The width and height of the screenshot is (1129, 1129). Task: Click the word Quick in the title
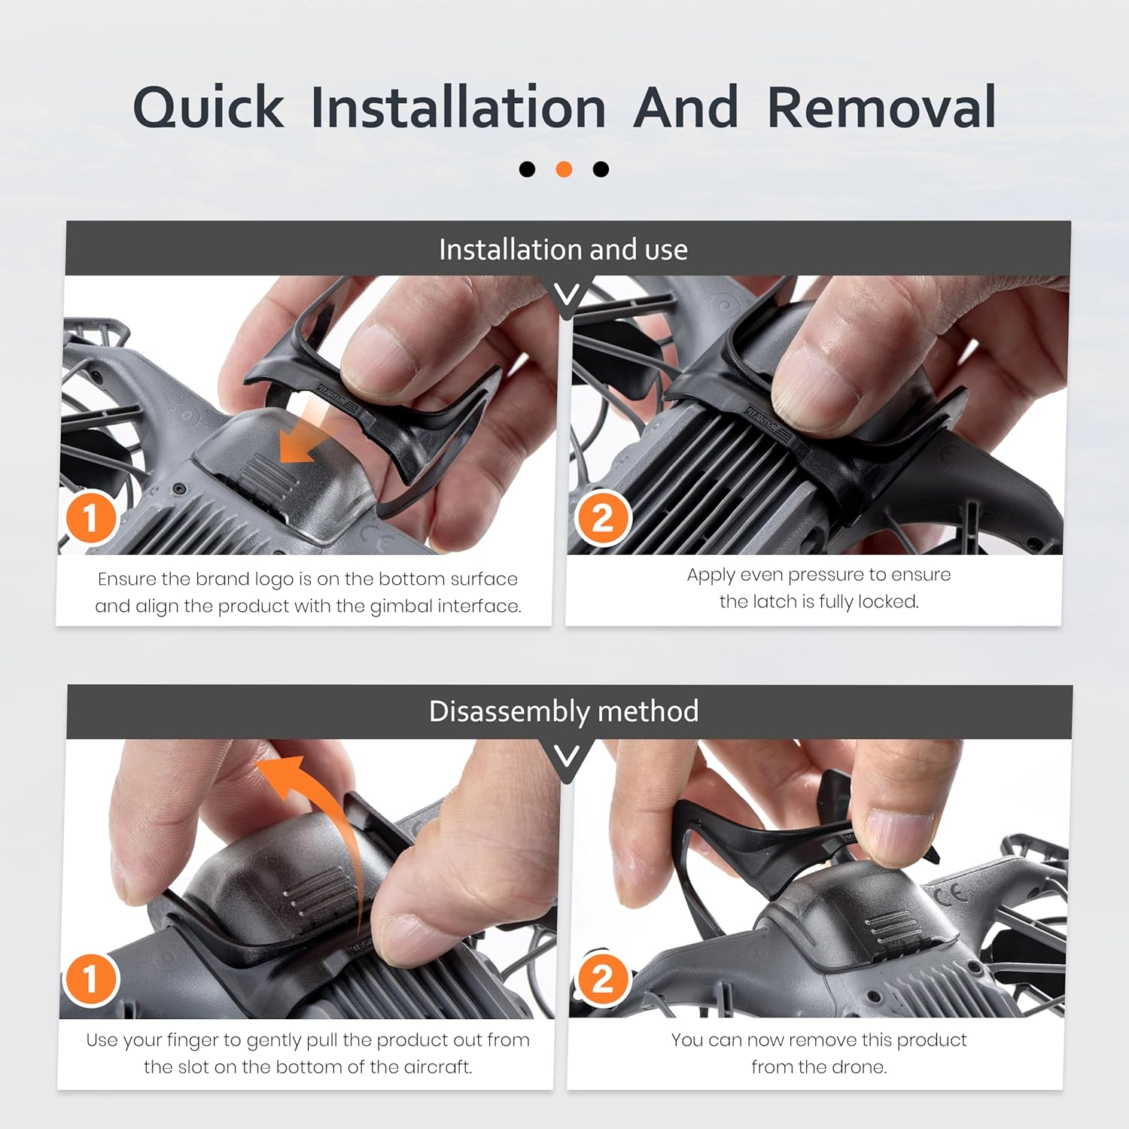coord(208,108)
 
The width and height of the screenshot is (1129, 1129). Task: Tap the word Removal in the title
coord(881,107)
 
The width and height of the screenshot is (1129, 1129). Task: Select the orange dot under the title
coord(564,169)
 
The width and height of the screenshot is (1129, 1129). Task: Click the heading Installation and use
coord(563,249)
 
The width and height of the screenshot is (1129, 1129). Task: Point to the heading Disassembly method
coord(564,711)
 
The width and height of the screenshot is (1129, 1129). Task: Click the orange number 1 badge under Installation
coord(90,518)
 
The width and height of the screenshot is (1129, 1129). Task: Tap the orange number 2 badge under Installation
coord(601,518)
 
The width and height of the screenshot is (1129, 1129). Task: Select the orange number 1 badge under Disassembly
coord(90,979)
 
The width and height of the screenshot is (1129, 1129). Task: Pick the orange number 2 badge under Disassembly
coord(601,979)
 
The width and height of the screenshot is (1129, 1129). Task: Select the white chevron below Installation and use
coord(567,294)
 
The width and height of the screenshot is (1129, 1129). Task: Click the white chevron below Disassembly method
coord(567,756)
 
